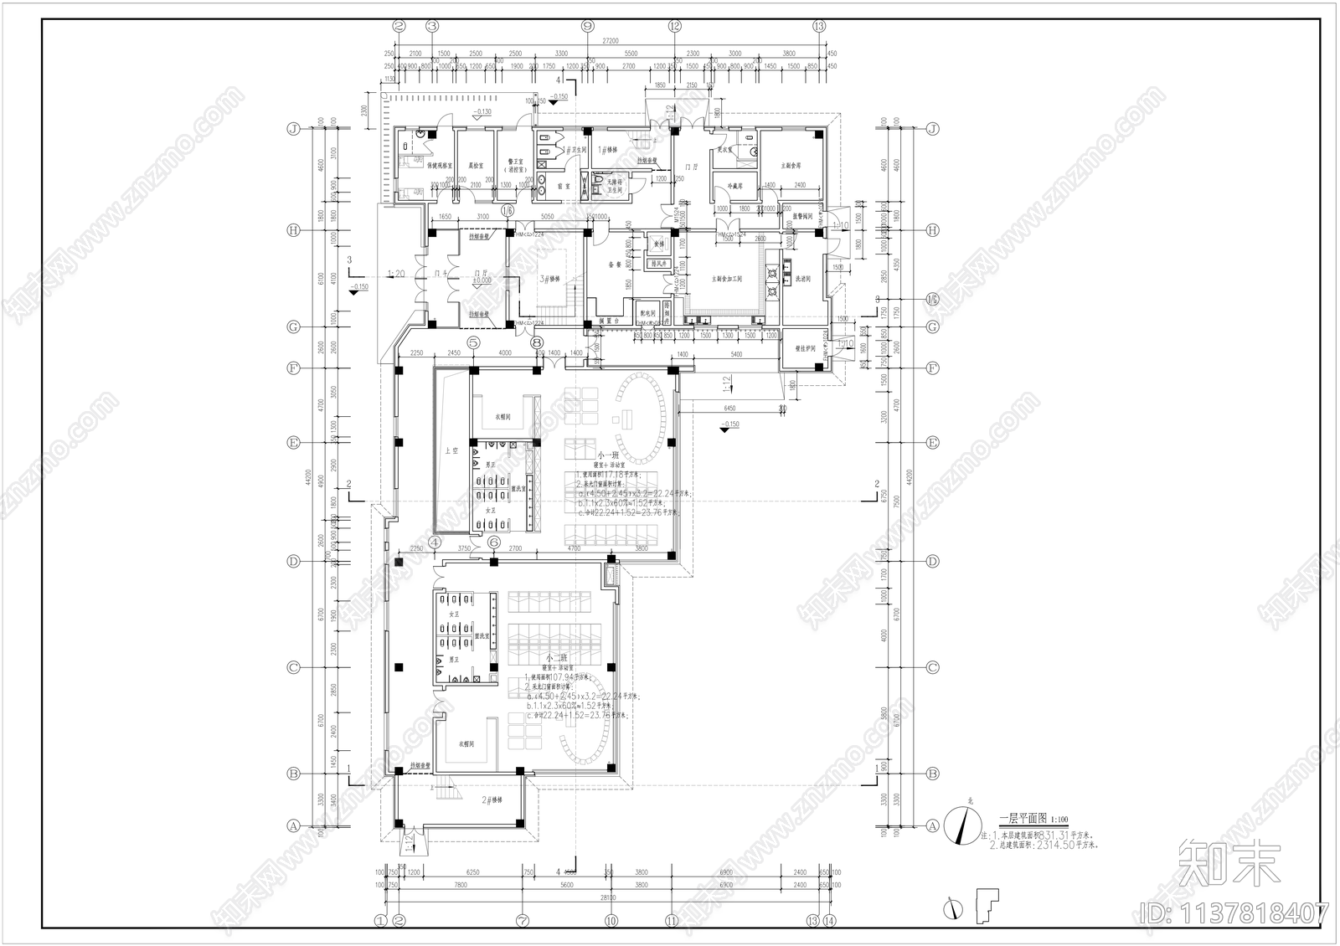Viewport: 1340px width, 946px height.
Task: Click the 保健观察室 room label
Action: pyautogui.click(x=440, y=166)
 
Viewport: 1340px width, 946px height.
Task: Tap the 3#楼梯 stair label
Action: pyautogui.click(x=549, y=279)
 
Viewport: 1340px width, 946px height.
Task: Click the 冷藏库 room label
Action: pyautogui.click(x=735, y=186)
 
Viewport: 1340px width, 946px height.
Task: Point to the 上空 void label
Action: pyautogui.click(x=451, y=451)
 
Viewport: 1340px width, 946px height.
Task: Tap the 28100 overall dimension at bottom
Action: pyautogui.click(x=607, y=897)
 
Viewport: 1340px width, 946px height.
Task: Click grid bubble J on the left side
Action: pyautogui.click(x=293, y=129)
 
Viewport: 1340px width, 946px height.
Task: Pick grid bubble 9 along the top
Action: pyautogui.click(x=587, y=26)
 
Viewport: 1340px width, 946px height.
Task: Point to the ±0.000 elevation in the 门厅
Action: pyautogui.click(x=482, y=280)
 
